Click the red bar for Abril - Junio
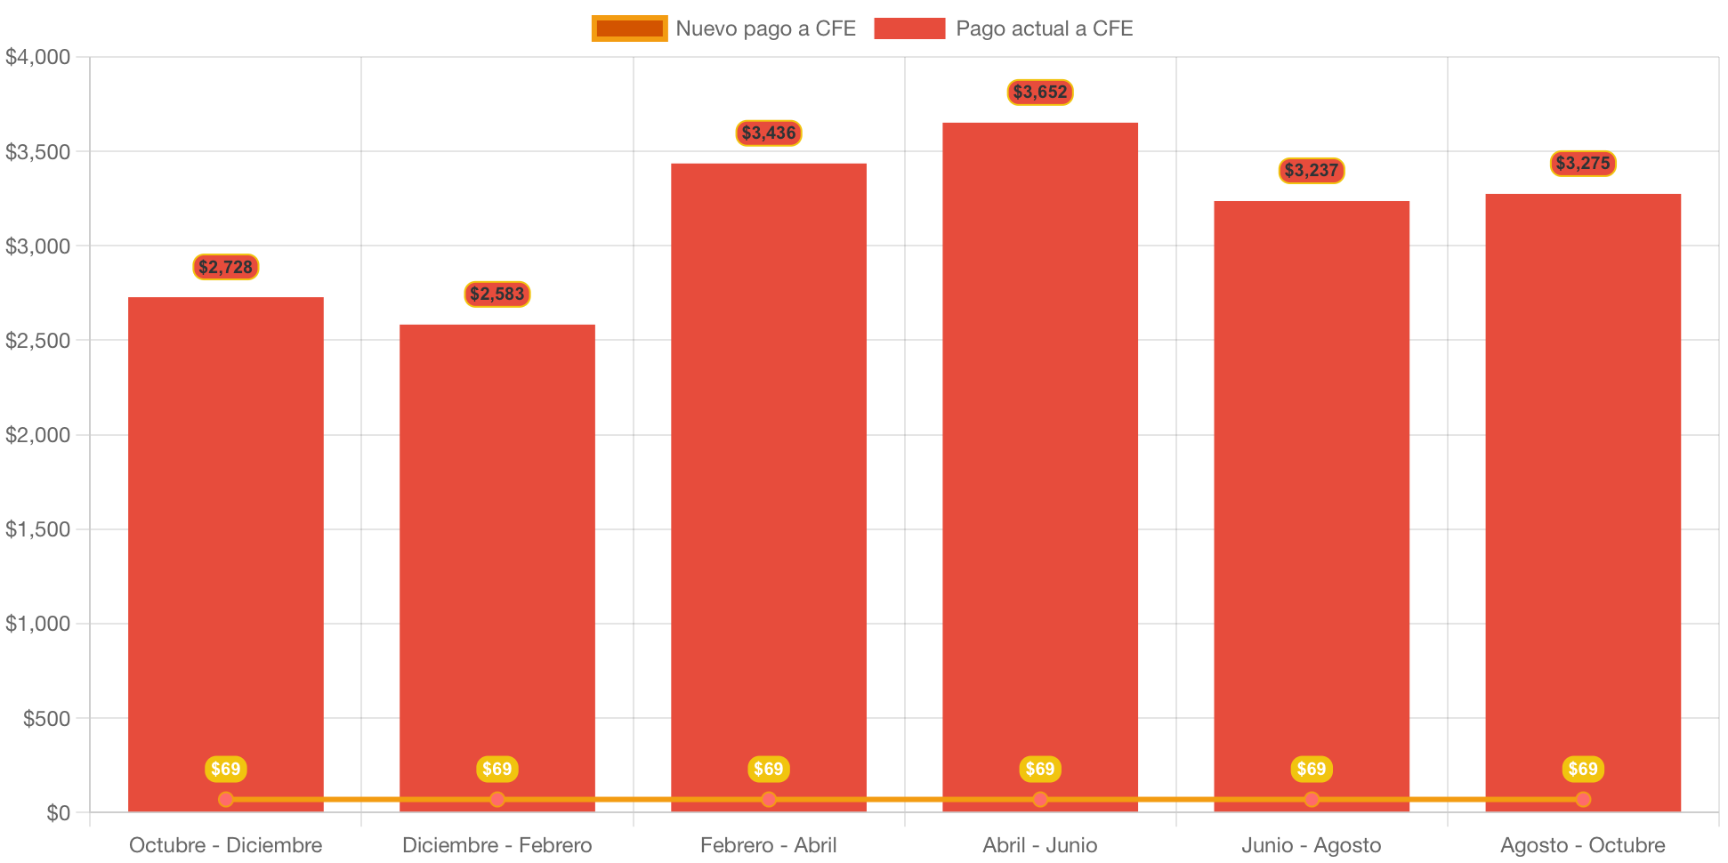[1040, 463]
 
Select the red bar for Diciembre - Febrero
[497, 561]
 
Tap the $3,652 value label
[1040, 92]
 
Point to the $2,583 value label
[497, 294]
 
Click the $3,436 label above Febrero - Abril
[769, 133]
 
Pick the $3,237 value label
[1312, 170]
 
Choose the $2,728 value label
[226, 267]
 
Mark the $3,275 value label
[1583, 163]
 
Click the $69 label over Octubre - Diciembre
[226, 769]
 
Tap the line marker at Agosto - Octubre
[1583, 799]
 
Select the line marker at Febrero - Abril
[769, 799]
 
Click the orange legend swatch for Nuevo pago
[629, 28]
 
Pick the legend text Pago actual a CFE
[1044, 28]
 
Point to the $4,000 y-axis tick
[38, 57]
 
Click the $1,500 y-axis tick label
[38, 529]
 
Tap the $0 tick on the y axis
[58, 813]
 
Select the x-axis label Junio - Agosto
[1312, 845]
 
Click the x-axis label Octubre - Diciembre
[226, 845]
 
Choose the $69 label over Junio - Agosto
[1312, 769]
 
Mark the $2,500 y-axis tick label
[38, 341]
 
